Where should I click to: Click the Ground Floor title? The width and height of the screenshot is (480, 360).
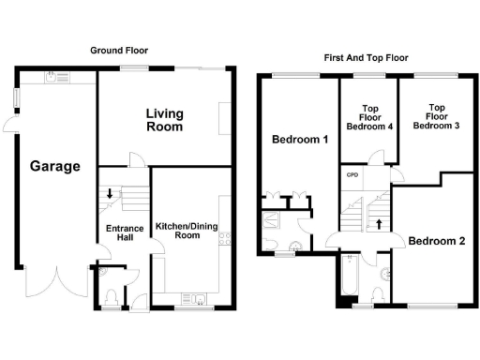coord(119,51)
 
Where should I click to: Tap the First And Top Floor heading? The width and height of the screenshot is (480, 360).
coord(367,58)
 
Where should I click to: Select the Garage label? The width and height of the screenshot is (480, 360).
coord(54,167)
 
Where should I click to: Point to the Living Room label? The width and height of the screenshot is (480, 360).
coord(164,120)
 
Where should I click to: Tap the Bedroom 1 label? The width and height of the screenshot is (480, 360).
coord(299,141)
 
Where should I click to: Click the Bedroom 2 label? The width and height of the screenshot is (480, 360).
coord(436,241)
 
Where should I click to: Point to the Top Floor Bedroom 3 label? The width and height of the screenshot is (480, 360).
coord(436,115)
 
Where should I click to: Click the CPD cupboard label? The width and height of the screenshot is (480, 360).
coord(352,174)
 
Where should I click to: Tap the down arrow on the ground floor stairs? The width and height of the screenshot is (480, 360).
coord(110,194)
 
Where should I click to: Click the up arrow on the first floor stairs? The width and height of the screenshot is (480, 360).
coord(379,223)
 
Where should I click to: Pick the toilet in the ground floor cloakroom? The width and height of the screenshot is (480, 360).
coord(112,298)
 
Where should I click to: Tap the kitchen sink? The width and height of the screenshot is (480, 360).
coord(199,300)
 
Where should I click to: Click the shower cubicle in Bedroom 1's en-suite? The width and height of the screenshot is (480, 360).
coord(273,222)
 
